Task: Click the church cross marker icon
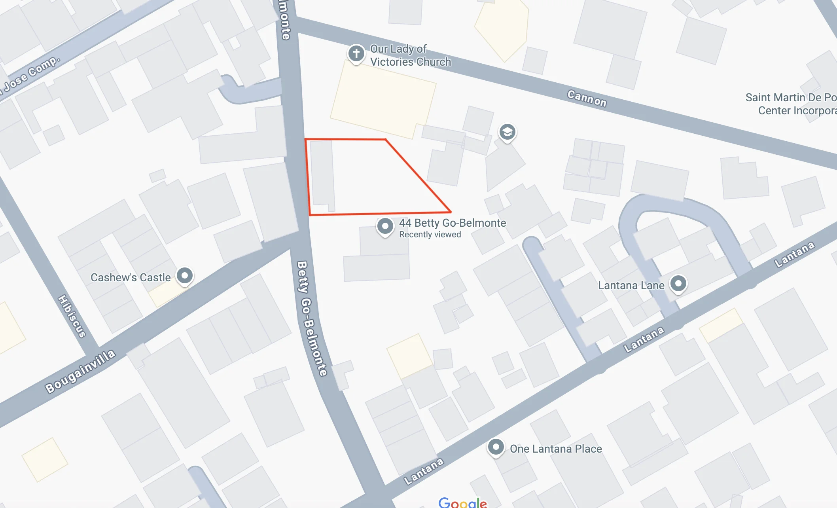[356, 53]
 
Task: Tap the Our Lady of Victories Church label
[410, 55]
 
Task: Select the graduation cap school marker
[507, 132]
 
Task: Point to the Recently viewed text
[430, 235]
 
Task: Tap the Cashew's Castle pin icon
[184, 275]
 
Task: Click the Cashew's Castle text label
[131, 277]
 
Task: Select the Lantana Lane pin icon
[678, 284]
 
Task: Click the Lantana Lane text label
[631, 286]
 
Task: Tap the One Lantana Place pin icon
[496, 447]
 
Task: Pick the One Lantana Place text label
[556, 449]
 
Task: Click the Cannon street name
[587, 99]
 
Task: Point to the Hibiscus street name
[72, 316]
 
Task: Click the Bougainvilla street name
[80, 371]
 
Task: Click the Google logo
[463, 502]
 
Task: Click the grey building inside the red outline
[322, 174]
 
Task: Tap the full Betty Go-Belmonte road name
[312, 318]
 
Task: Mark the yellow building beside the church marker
[383, 99]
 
